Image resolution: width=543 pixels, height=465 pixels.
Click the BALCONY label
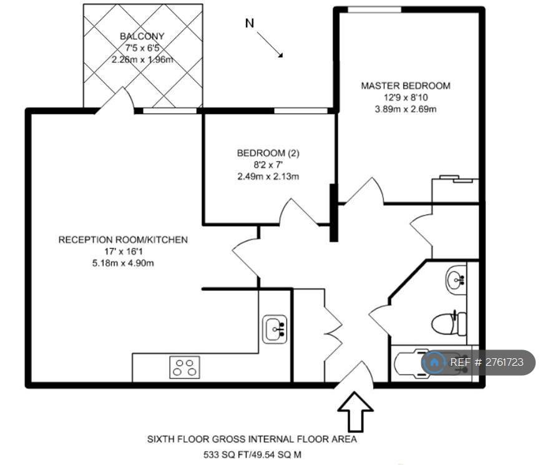click(x=142, y=36)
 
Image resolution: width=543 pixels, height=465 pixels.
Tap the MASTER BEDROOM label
click(x=406, y=86)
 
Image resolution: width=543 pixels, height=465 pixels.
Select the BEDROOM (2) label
click(x=268, y=153)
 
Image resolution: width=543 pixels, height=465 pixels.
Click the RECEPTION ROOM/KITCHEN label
click(x=123, y=240)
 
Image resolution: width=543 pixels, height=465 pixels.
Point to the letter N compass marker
click(x=250, y=23)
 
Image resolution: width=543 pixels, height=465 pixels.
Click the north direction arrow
click(x=270, y=44)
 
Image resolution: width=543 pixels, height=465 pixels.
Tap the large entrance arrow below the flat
click(x=355, y=411)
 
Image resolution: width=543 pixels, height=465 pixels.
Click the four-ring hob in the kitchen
click(x=185, y=368)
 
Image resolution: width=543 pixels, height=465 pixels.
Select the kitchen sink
click(x=274, y=329)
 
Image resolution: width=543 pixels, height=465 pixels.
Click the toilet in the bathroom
click(x=449, y=323)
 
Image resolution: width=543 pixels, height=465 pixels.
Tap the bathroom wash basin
click(x=456, y=280)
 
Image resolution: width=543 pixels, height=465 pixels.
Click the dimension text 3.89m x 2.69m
click(x=406, y=109)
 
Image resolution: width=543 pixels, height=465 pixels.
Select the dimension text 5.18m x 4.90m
click(x=123, y=263)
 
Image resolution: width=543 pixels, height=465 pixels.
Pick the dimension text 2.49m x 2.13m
click(x=268, y=177)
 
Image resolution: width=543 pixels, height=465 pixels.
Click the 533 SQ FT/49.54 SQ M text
click(x=252, y=454)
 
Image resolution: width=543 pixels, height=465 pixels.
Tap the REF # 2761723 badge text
click(x=487, y=362)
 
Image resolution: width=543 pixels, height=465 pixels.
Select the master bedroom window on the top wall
click(x=374, y=10)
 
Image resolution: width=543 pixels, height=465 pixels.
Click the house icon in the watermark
click(x=434, y=363)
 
